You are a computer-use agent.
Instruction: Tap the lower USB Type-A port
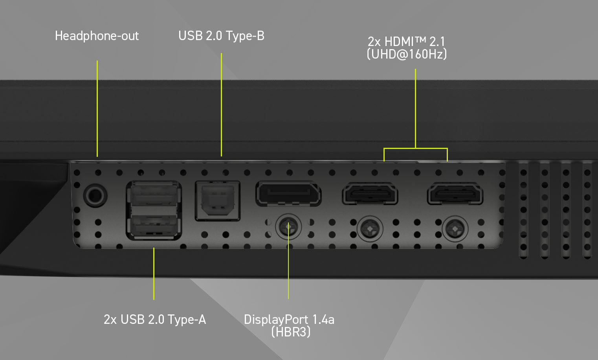pyautogui.click(x=154, y=226)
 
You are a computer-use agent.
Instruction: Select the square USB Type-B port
pyautogui.click(x=218, y=200)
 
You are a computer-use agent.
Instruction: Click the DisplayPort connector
pyautogui.click(x=288, y=193)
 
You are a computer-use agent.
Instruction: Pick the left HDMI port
pyautogui.click(x=370, y=193)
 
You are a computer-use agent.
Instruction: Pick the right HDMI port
pyautogui.click(x=455, y=193)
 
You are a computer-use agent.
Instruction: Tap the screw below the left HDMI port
pyautogui.click(x=370, y=228)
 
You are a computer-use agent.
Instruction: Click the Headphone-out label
pyautogui.click(x=97, y=36)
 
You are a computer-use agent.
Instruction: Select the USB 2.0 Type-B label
pyautogui.click(x=221, y=36)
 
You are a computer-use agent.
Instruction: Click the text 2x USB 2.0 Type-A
pyautogui.click(x=154, y=319)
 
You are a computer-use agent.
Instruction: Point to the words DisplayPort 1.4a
pyautogui.click(x=289, y=319)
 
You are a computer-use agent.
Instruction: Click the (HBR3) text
pyautogui.click(x=291, y=332)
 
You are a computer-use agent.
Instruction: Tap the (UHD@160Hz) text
pyautogui.click(x=407, y=54)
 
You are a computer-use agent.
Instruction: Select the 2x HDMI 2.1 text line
pyautogui.click(x=407, y=41)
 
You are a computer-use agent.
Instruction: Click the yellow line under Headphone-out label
pyautogui.click(x=97, y=108)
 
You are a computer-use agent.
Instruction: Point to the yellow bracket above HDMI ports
pyautogui.click(x=415, y=148)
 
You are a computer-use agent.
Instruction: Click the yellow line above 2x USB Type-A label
pyautogui.click(x=154, y=273)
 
